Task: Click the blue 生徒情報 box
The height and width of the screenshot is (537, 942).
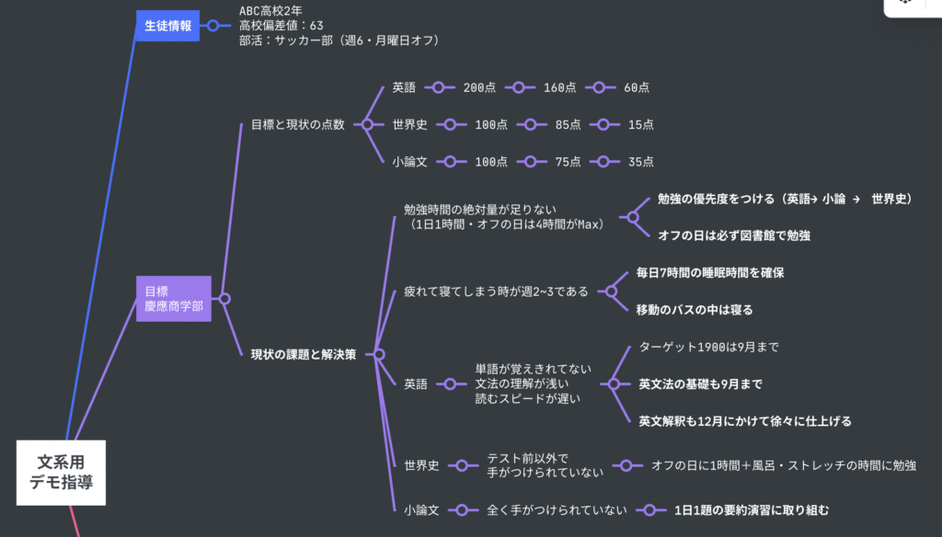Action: [167, 26]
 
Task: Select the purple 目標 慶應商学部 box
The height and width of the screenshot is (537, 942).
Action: [173, 298]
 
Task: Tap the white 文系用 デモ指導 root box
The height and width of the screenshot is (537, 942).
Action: [61, 472]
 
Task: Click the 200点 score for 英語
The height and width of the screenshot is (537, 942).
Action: [479, 87]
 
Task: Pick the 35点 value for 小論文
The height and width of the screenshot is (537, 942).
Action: [640, 161]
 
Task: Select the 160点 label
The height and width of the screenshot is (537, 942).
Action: [559, 87]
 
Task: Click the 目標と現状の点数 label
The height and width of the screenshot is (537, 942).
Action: [297, 124]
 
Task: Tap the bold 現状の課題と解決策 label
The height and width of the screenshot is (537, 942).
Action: [303, 354]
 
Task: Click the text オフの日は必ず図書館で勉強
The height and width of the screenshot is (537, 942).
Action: [733, 235]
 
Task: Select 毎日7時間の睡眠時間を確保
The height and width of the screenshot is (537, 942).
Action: [709, 273]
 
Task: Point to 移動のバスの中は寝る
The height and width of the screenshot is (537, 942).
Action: [694, 309]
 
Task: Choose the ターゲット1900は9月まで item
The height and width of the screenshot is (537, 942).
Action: [708, 347]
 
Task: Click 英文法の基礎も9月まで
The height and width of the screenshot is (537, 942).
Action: [700, 383]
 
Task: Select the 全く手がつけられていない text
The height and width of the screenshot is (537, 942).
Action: [557, 509]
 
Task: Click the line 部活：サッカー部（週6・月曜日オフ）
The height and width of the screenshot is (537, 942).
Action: [339, 40]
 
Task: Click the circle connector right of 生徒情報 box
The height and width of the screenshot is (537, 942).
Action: [213, 26]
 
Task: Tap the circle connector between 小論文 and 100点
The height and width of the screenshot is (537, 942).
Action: [450, 161]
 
